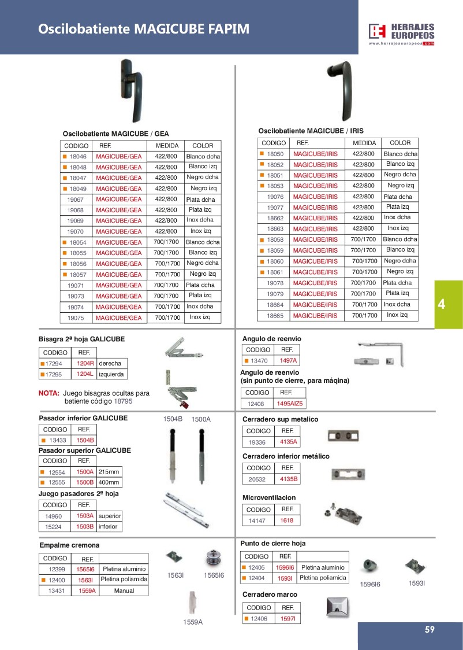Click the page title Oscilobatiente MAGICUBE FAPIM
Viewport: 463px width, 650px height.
pos(144,29)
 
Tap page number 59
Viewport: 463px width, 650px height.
pos(429,630)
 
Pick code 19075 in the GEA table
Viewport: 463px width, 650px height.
pos(76,317)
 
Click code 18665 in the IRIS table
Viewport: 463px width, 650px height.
pos(275,316)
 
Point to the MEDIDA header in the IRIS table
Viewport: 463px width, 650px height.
pos(364,143)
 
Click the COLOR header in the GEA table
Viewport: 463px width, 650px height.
pos(202,146)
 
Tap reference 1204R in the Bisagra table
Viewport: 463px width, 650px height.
pos(85,364)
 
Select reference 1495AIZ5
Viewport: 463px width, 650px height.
pos(289,404)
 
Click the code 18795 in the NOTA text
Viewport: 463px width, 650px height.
pos(123,401)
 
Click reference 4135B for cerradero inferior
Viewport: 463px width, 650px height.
pos(288,479)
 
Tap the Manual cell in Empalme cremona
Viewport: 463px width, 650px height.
pos(124,590)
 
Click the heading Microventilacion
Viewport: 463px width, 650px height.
pos(269,497)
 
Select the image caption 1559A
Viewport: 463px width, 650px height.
pos(193,622)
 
